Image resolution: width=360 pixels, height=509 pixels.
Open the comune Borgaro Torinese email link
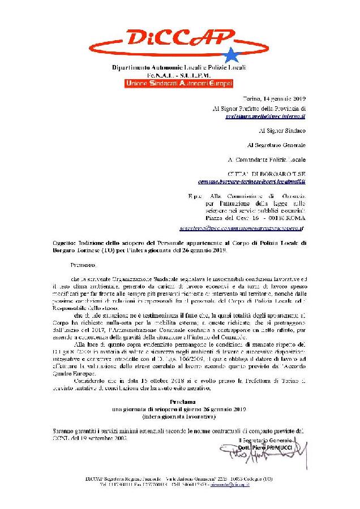(259, 183)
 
